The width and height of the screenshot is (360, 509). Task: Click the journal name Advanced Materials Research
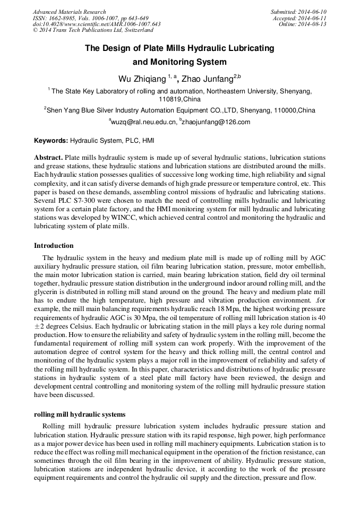(69, 12)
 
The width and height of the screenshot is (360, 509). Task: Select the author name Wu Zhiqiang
(142, 79)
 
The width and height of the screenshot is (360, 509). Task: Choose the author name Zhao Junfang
(207, 79)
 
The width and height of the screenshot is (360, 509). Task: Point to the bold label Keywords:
(51, 141)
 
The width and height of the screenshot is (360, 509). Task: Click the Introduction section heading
(54, 246)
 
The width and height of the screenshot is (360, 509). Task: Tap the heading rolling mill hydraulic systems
(80, 414)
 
